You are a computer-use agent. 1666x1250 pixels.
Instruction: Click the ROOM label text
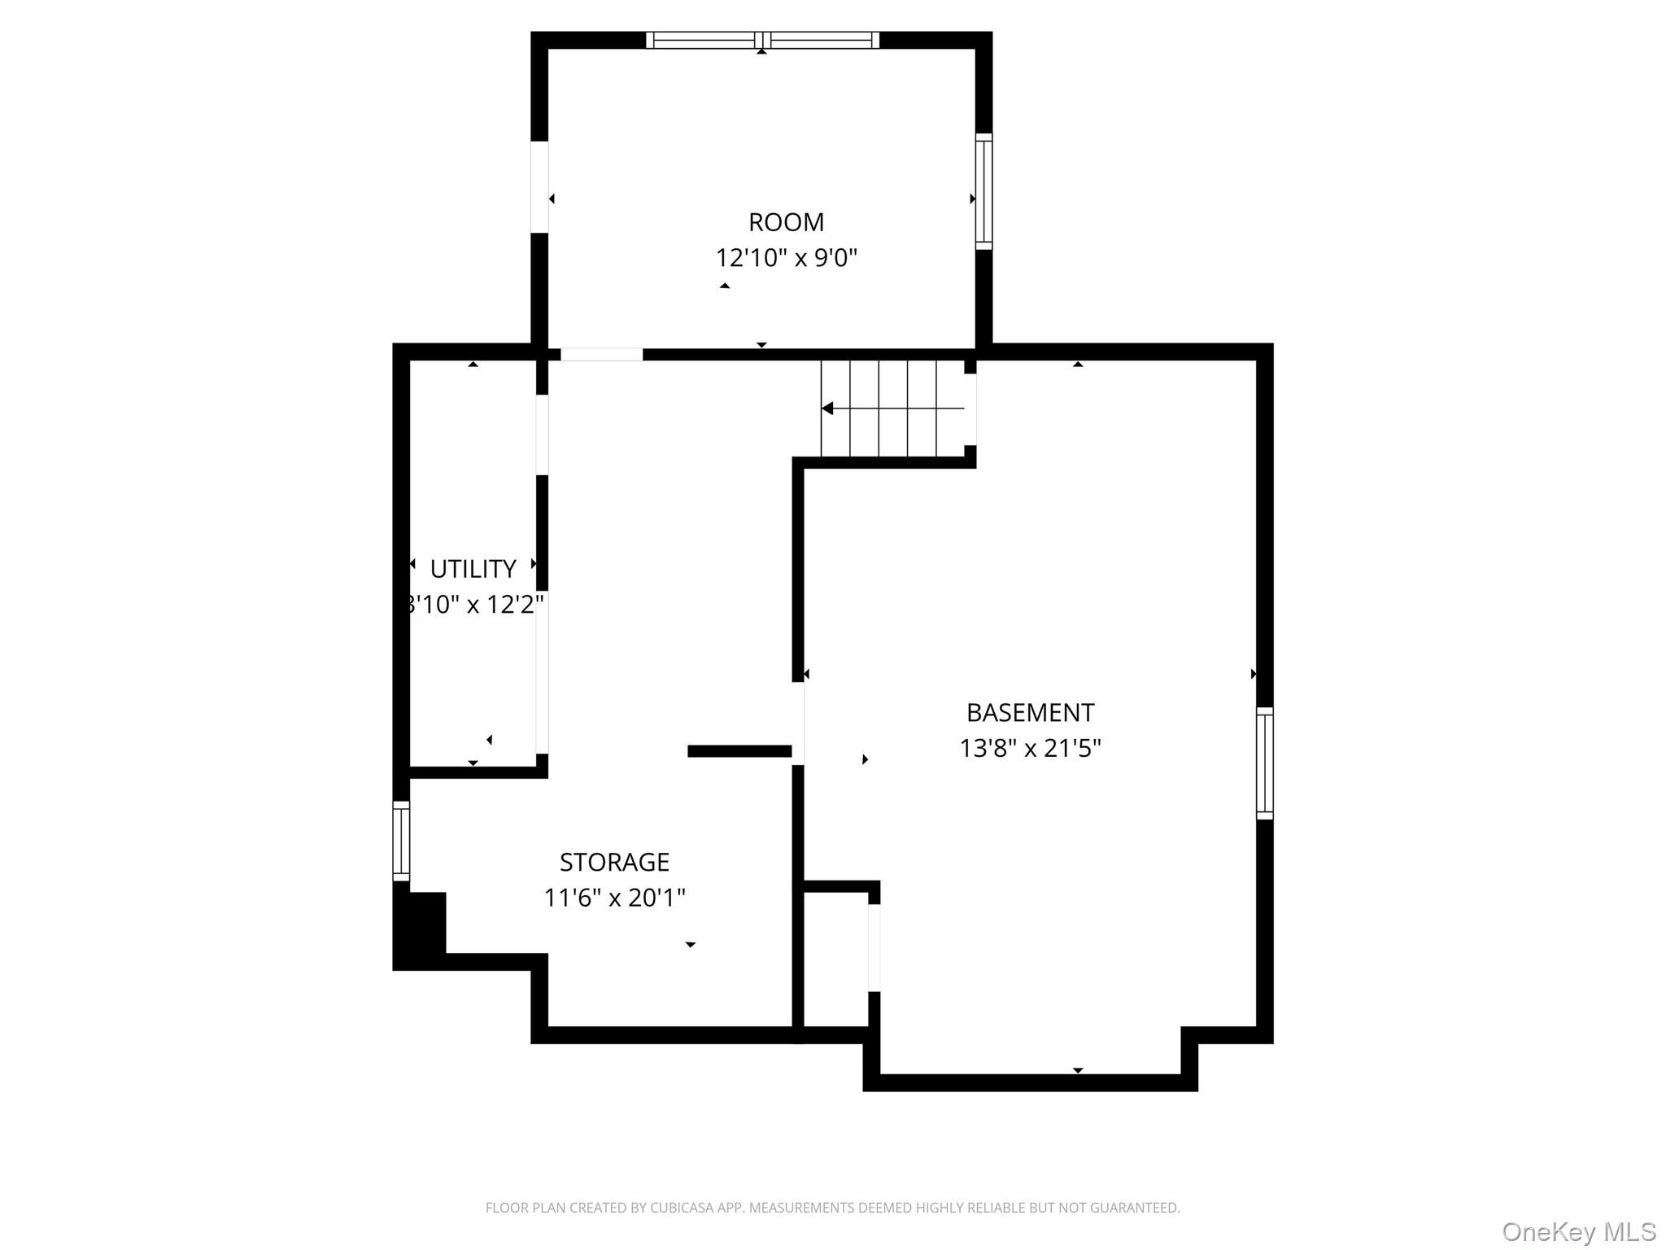pyautogui.click(x=786, y=222)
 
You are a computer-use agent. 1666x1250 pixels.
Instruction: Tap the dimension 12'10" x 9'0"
pyautogui.click(x=786, y=258)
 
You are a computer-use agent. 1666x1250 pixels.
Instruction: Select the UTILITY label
pyautogui.click(x=473, y=569)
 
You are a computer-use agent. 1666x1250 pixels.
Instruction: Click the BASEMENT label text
pyautogui.click(x=1030, y=713)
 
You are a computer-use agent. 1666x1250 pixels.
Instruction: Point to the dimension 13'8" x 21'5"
pyautogui.click(x=1030, y=748)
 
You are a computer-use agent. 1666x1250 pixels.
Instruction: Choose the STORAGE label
pyautogui.click(x=614, y=862)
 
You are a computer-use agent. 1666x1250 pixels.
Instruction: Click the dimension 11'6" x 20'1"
pyautogui.click(x=614, y=898)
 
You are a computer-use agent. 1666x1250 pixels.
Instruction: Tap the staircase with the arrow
pyautogui.click(x=892, y=409)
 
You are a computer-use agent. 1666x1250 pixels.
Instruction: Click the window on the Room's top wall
pyautogui.click(x=762, y=40)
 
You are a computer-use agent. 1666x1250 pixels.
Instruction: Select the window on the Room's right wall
pyautogui.click(x=983, y=191)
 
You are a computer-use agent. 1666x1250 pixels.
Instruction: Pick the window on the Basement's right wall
pyautogui.click(x=1264, y=763)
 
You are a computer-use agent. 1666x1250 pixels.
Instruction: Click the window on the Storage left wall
pyautogui.click(x=401, y=841)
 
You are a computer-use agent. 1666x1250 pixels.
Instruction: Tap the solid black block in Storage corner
pyautogui.click(x=420, y=929)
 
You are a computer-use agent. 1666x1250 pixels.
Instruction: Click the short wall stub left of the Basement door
pyautogui.click(x=739, y=751)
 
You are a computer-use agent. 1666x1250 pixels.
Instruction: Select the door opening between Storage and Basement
pyautogui.click(x=798, y=723)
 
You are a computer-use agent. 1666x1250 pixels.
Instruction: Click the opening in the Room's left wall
pyautogui.click(x=539, y=187)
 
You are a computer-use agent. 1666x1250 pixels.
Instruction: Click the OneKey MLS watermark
pyautogui.click(x=1578, y=1231)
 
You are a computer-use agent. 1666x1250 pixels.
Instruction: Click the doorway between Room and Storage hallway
pyautogui.click(x=601, y=354)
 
